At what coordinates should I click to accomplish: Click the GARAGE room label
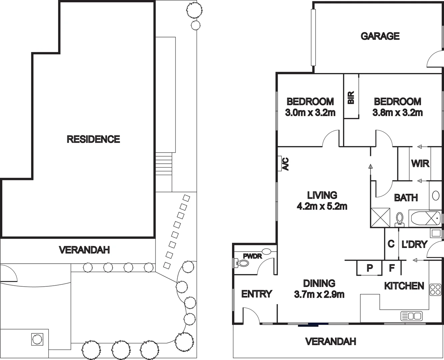[x=380, y=36]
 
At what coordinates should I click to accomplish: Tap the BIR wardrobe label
[x=351, y=98]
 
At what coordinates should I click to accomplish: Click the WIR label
[x=420, y=164]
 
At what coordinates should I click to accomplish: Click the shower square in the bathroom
[x=380, y=218]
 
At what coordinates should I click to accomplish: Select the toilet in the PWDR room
[x=242, y=263]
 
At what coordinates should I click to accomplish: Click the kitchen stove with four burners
[x=435, y=289]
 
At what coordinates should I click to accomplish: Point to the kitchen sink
[x=412, y=316]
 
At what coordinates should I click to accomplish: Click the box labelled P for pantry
[x=369, y=268]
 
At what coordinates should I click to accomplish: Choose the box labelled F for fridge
[x=392, y=268]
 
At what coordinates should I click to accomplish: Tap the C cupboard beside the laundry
[x=391, y=244]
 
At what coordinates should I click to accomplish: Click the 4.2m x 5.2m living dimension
[x=322, y=206]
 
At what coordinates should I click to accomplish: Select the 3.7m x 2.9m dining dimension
[x=319, y=295]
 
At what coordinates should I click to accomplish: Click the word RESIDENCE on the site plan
[x=93, y=139]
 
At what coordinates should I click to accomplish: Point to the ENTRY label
[x=257, y=294]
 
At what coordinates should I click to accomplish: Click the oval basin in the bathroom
[x=436, y=195]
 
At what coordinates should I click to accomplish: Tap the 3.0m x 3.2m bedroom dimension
[x=310, y=113]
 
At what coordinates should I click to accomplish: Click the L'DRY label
[x=414, y=244]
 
